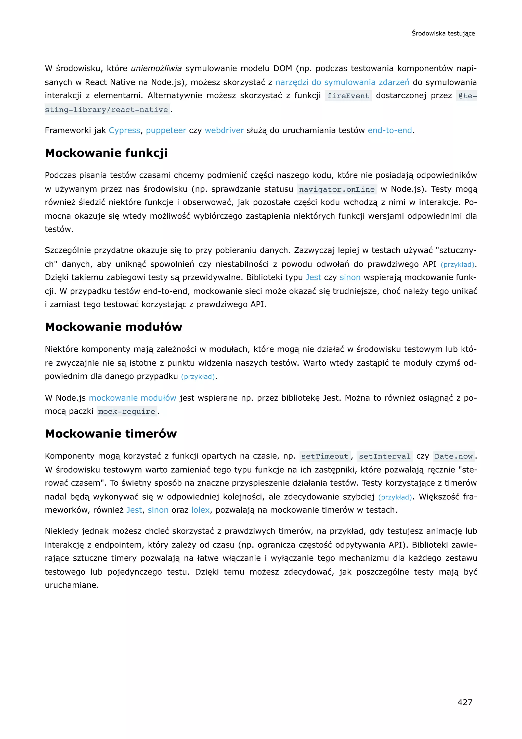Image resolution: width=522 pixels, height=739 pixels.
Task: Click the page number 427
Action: pos(465,702)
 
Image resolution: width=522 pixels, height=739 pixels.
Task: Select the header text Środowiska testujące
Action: pos(443,33)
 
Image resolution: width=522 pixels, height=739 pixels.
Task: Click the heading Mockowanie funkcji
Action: pos(106,153)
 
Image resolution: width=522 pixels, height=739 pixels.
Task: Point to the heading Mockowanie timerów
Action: pos(111,434)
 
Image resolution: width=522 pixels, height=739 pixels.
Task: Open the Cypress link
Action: pos(124,130)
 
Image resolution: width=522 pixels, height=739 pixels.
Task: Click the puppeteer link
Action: pos(166,130)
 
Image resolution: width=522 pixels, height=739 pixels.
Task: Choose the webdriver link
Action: pos(224,130)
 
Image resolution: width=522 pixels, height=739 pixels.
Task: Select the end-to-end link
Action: pos(389,130)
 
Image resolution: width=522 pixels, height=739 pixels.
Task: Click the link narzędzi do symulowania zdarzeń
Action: pos(342,82)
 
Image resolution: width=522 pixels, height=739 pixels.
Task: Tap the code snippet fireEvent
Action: pos(348,96)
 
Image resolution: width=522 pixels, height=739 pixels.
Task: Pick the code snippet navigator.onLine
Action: pos(336,189)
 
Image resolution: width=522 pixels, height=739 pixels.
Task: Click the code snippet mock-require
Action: pos(127,411)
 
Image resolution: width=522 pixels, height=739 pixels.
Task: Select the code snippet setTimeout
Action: pos(325,457)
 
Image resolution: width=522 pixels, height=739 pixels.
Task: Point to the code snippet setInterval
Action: pos(384,457)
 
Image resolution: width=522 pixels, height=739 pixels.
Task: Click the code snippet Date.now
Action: pos(453,457)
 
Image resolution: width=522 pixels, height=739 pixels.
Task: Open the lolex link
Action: pos(200,510)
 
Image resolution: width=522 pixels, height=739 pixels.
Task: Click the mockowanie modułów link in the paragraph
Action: pos(133,398)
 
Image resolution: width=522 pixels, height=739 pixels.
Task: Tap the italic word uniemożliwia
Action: pos(156,69)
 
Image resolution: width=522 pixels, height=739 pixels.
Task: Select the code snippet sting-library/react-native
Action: pos(106,110)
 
